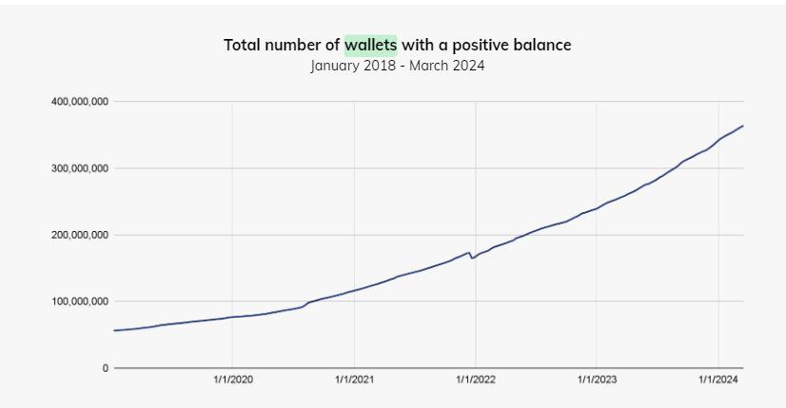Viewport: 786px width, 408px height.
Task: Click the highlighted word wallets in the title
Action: pyautogui.click(x=370, y=45)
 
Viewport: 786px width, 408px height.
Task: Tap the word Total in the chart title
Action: pyautogui.click(x=243, y=45)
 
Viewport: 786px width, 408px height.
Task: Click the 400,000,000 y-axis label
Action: pyautogui.click(x=80, y=102)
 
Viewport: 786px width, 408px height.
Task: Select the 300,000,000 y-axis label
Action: pyautogui.click(x=80, y=168)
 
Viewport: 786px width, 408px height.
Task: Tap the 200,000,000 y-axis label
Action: pyautogui.click(x=80, y=235)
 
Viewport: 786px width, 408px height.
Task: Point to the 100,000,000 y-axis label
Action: pyautogui.click(x=80, y=301)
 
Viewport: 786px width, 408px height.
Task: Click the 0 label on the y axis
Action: pyautogui.click(x=106, y=368)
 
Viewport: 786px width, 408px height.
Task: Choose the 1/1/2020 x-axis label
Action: pyautogui.click(x=232, y=379)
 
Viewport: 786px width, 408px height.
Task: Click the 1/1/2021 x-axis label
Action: pyautogui.click(x=354, y=379)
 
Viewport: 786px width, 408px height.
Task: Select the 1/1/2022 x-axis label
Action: pyautogui.click(x=475, y=379)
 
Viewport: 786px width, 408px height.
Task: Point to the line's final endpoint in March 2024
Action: pyautogui.click(x=742, y=126)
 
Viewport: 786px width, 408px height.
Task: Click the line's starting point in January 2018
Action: pyautogui.click(x=114, y=330)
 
